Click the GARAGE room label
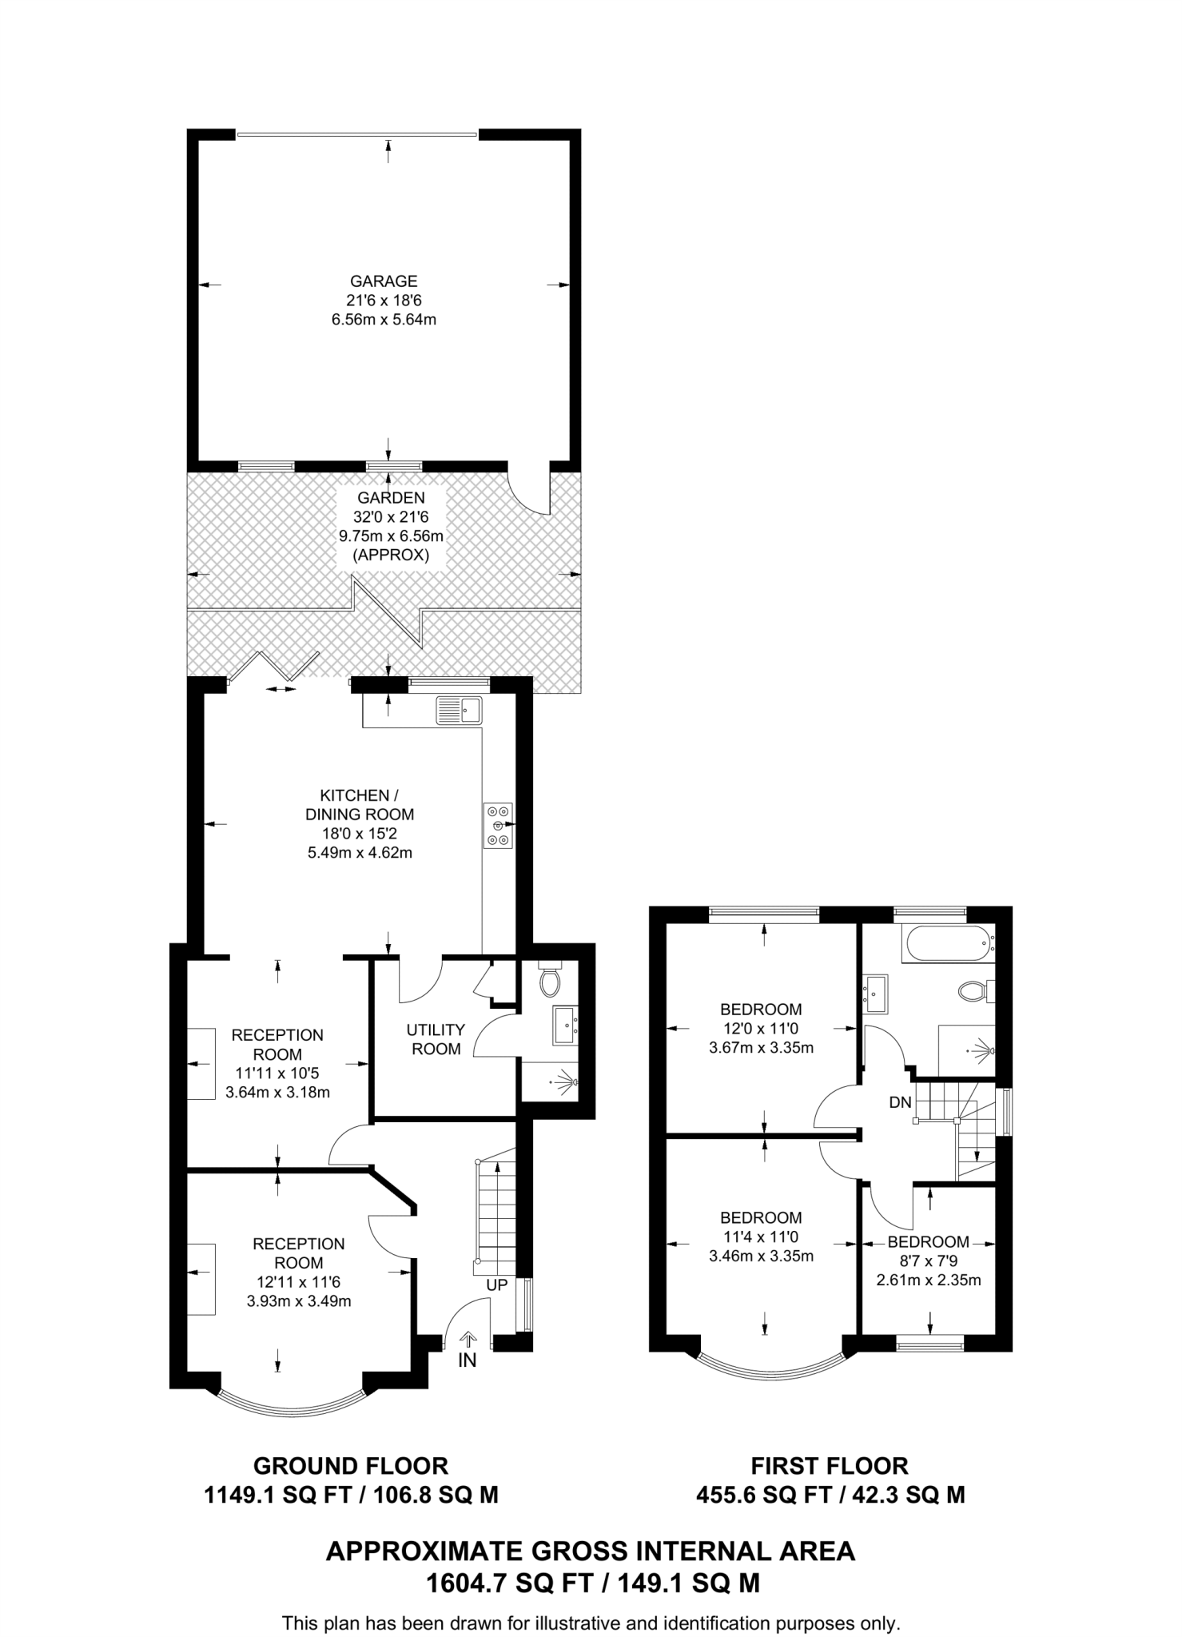[384, 281]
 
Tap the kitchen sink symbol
[460, 710]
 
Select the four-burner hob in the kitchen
[498, 825]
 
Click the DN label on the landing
[900, 1102]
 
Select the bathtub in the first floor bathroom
[947, 945]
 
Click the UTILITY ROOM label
[436, 1039]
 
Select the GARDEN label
[391, 498]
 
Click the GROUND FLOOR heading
[351, 1466]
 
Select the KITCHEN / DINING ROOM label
[360, 805]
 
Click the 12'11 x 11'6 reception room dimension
[299, 1282]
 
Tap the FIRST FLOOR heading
[830, 1466]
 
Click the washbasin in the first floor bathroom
[876, 994]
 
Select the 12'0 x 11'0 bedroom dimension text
[761, 1029]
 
